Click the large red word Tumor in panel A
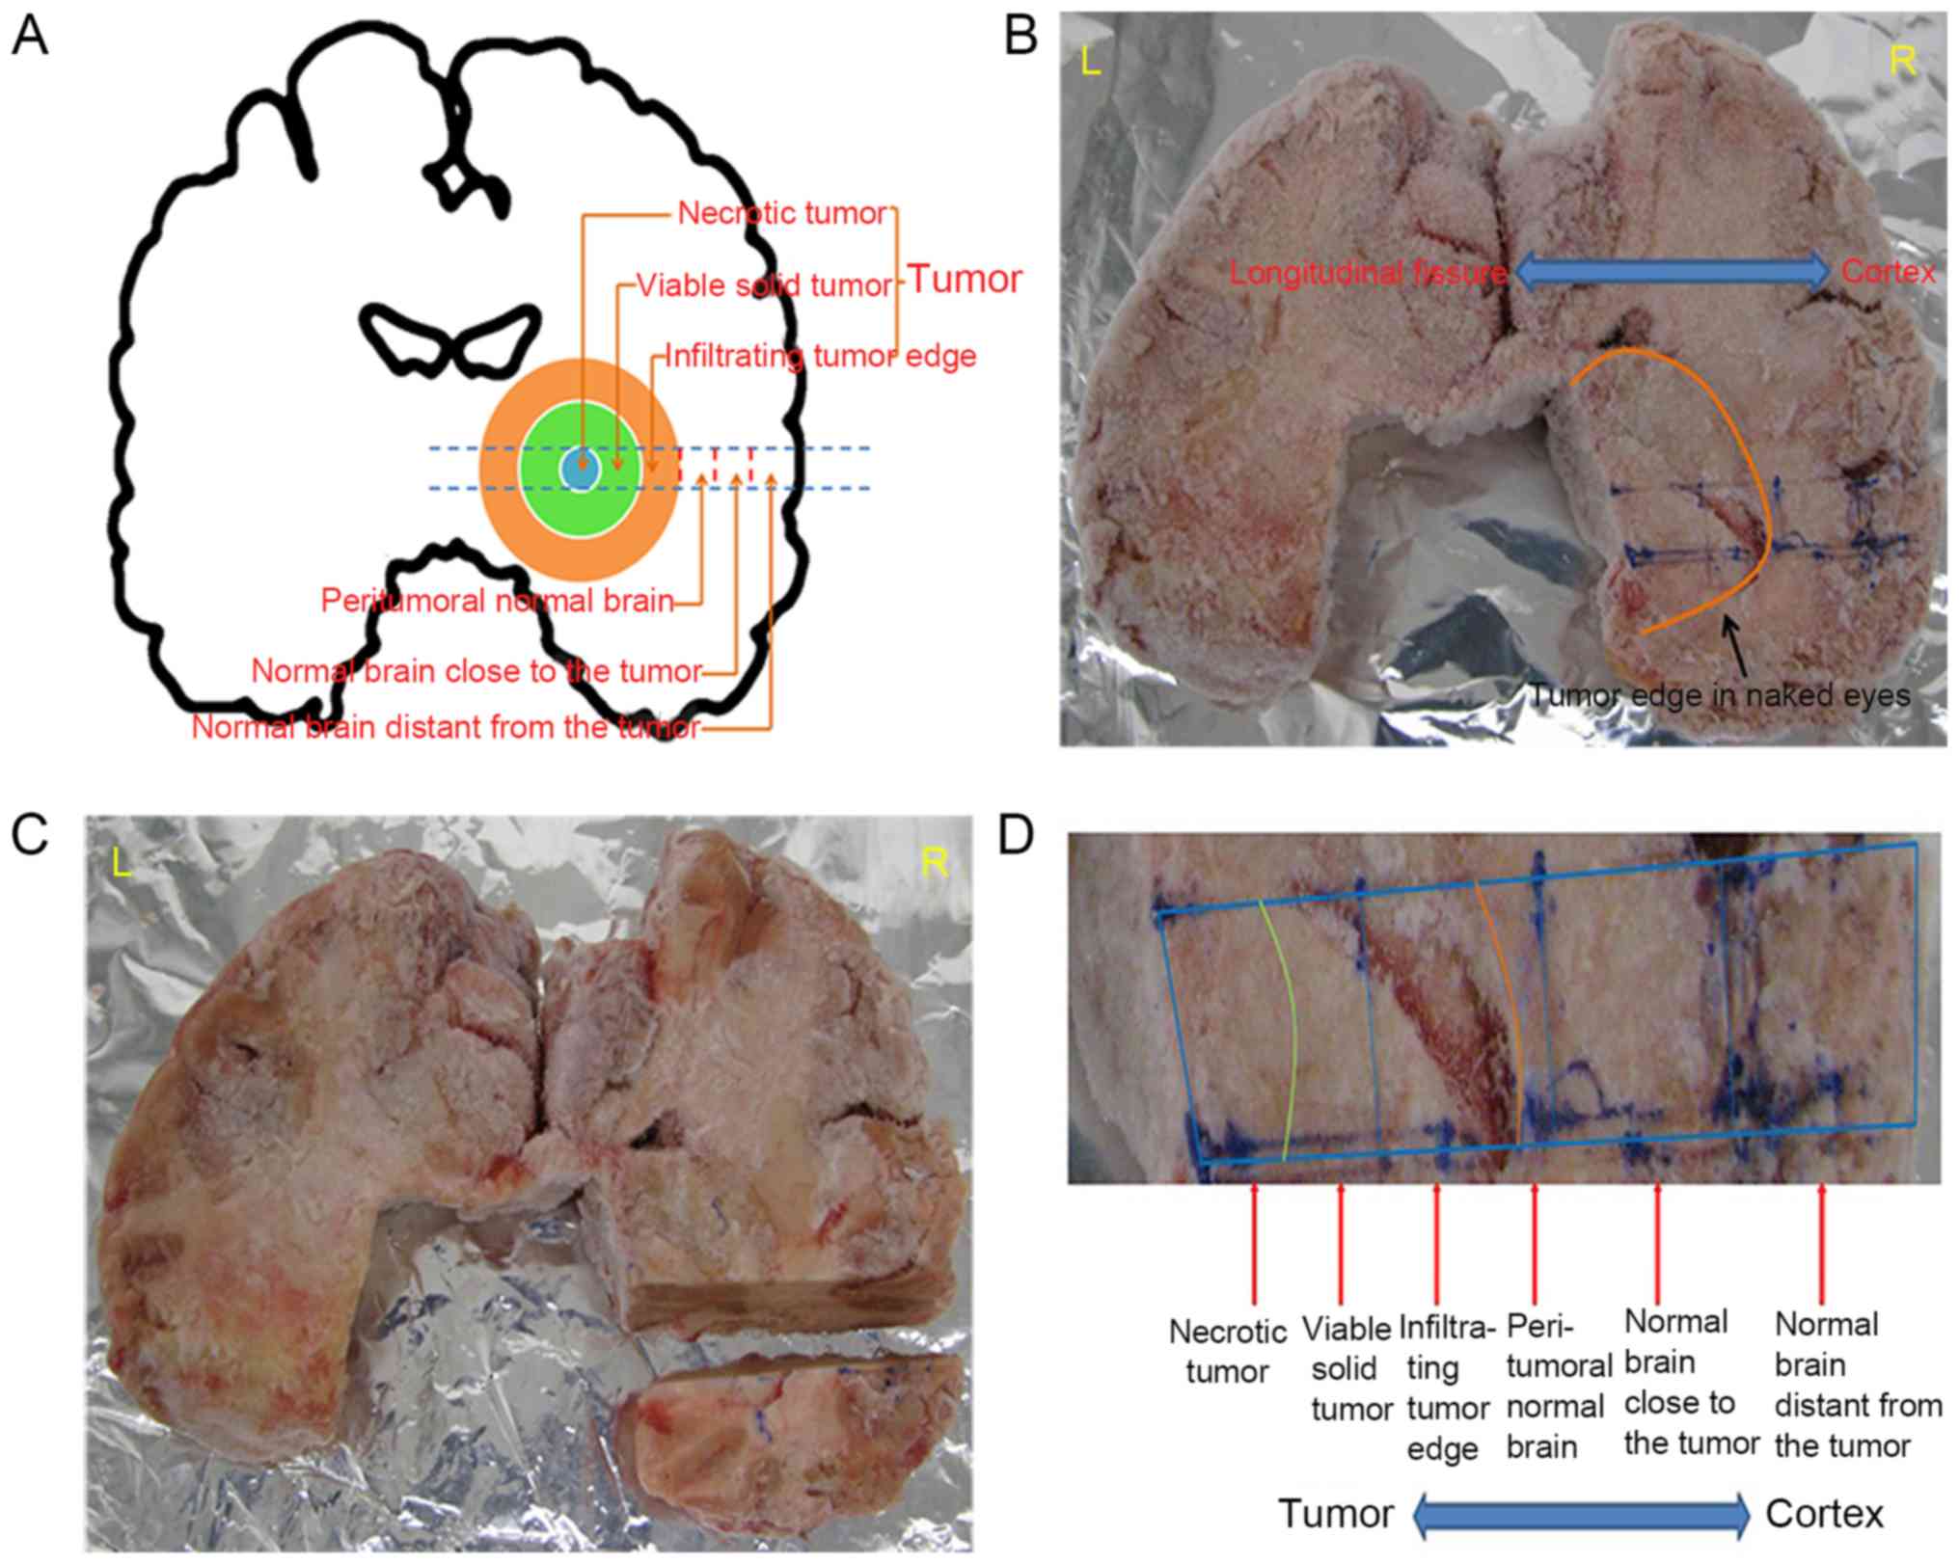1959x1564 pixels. point(965,280)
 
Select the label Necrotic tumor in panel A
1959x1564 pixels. point(781,213)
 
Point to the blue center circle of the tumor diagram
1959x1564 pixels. point(581,470)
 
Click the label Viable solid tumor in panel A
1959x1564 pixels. point(765,285)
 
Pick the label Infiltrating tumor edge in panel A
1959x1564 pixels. point(821,357)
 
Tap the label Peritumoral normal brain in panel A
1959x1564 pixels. point(497,602)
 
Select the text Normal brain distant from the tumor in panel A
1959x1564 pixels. point(446,727)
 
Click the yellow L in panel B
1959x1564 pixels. point(1091,63)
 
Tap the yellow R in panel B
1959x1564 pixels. point(1902,62)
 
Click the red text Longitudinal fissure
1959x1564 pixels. point(1368,274)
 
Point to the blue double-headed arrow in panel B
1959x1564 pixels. point(1673,272)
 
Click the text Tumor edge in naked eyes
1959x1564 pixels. point(1720,695)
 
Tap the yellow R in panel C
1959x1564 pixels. point(934,863)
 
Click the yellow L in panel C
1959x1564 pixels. point(122,863)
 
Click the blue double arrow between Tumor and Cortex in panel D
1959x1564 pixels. point(1581,1516)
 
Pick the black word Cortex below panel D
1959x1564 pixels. point(1824,1515)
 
